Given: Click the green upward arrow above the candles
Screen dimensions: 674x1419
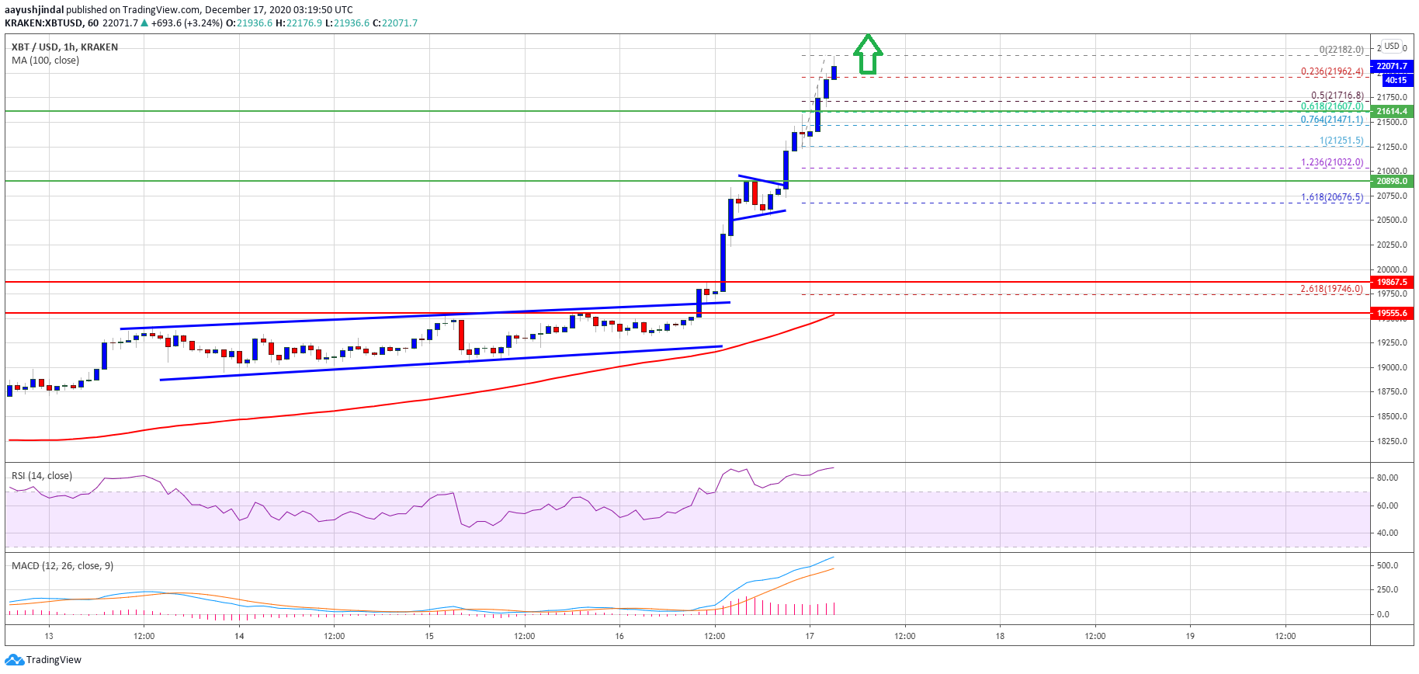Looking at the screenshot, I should (868, 54).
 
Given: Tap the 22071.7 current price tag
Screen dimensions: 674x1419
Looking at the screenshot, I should (1392, 66).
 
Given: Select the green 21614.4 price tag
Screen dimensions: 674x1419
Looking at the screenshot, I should (1392, 111).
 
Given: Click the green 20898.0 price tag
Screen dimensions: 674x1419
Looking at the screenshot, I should (1392, 181).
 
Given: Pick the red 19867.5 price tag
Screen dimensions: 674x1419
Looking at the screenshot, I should (1392, 282).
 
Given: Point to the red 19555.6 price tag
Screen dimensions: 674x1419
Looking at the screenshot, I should (1392, 313).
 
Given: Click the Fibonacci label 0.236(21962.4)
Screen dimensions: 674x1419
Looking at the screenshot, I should (1332, 71).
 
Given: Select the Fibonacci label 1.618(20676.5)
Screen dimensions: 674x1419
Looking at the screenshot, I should (1332, 197).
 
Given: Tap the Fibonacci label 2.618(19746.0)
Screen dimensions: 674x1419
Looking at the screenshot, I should (1332, 289).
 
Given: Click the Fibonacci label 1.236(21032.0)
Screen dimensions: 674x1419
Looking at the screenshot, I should (1332, 163).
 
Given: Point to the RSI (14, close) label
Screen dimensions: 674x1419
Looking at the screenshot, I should (42, 476).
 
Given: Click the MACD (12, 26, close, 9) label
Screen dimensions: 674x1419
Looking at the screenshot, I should (62, 566).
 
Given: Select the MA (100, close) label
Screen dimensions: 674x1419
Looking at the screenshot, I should (45, 61).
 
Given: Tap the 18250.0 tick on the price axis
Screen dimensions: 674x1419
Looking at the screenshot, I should (1392, 441).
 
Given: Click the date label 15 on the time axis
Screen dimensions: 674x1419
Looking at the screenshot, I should (429, 636).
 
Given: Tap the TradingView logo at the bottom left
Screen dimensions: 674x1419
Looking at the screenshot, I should (43, 660).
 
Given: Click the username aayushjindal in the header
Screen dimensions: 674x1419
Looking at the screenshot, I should (34, 10).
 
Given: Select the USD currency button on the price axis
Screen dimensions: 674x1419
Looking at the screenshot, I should (1392, 46).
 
